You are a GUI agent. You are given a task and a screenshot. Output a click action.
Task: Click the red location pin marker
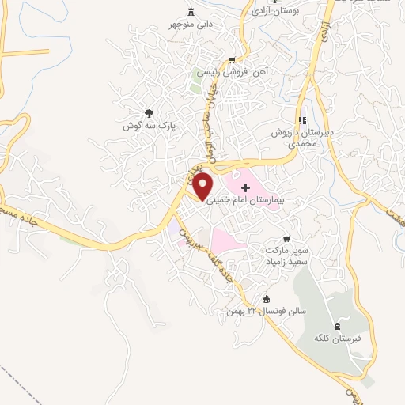tap(203, 186)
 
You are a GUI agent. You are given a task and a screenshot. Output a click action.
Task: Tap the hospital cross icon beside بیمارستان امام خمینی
tap(245, 188)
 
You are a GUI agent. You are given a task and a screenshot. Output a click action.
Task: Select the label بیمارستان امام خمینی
tap(244, 201)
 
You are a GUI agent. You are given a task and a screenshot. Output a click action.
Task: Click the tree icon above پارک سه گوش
tap(149, 113)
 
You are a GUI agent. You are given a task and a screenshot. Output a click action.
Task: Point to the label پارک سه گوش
tap(148, 126)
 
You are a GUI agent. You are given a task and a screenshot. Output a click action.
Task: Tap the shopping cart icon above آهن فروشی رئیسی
tap(231, 60)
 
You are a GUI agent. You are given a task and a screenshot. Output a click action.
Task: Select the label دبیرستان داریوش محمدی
tap(293, 139)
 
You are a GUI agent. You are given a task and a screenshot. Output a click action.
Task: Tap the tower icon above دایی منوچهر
tap(191, 11)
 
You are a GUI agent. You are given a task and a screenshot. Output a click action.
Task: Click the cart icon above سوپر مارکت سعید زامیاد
tap(286, 238)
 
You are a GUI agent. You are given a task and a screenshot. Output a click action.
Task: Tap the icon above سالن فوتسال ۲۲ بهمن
tap(266, 298)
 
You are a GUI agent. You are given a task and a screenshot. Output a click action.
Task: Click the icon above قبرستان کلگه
tap(339, 326)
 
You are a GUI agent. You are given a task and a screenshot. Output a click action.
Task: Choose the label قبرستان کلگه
tap(338, 339)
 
